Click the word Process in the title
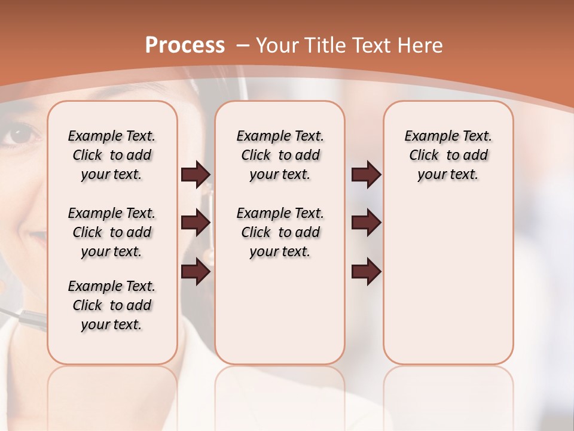click(185, 45)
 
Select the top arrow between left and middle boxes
click(196, 175)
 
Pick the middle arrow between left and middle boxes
click(196, 223)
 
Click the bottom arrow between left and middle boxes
click(196, 272)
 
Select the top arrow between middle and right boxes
click(366, 175)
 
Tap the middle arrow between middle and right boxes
click(366, 223)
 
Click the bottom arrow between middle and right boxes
click(366, 272)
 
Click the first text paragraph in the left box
click(112, 155)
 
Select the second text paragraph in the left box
click(112, 232)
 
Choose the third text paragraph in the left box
click(112, 305)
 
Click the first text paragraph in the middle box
click(280, 155)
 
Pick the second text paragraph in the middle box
click(280, 232)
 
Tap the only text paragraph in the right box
click(448, 155)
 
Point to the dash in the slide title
click(243, 46)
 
